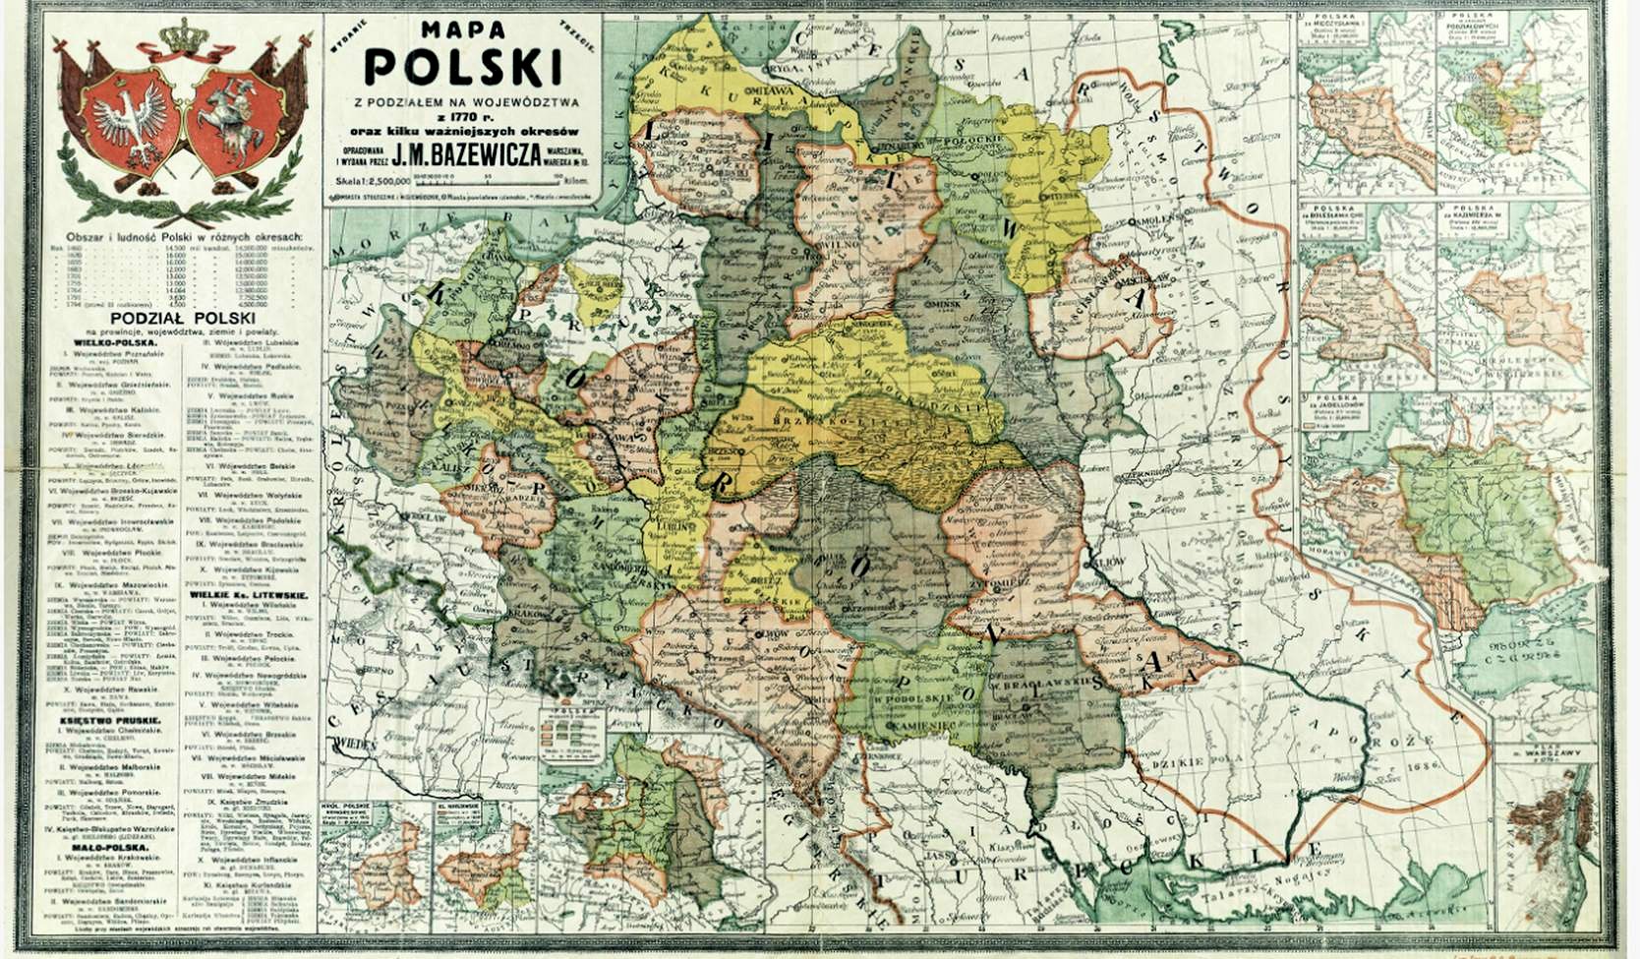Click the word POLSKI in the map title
464,65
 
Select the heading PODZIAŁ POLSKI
184,320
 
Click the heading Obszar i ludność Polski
184,238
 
